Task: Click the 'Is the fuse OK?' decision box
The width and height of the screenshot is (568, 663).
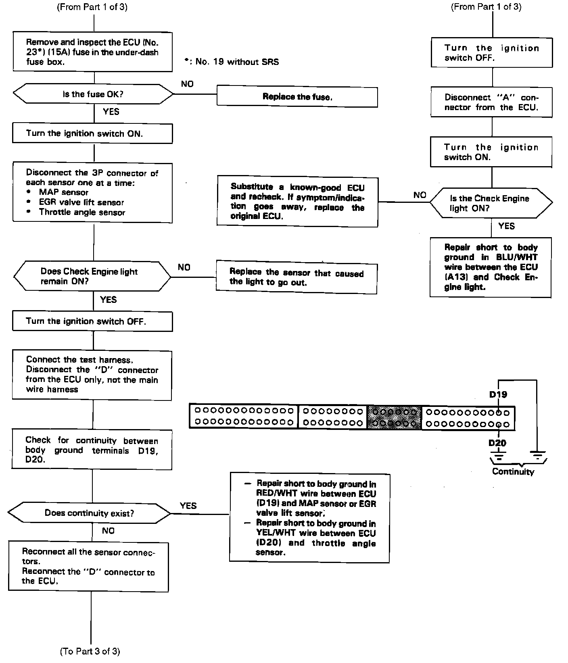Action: pyautogui.click(x=93, y=94)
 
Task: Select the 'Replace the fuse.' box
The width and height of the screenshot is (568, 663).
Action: pyautogui.click(x=297, y=97)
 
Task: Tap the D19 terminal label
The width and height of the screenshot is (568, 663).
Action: pyautogui.click(x=498, y=394)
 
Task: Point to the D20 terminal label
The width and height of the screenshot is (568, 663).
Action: pyautogui.click(x=497, y=443)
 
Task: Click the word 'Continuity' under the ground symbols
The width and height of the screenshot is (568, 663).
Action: pyautogui.click(x=513, y=471)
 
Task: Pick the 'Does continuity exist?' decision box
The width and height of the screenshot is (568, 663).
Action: pyautogui.click(x=90, y=513)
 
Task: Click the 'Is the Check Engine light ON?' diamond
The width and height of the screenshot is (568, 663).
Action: pyautogui.click(x=491, y=203)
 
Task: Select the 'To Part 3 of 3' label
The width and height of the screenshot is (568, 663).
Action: pyautogui.click(x=90, y=651)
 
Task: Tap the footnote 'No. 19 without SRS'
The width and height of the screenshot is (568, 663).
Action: pyautogui.click(x=232, y=62)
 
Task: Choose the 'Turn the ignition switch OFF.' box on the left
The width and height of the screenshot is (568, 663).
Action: pyautogui.click(x=92, y=321)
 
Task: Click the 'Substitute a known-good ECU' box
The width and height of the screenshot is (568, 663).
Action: pyautogui.click(x=297, y=201)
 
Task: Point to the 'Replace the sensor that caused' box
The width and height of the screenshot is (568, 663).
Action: pyautogui.click(x=297, y=277)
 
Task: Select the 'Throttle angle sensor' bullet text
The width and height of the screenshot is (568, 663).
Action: pyautogui.click(x=82, y=213)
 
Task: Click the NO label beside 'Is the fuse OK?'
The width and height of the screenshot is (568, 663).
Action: pyautogui.click(x=187, y=84)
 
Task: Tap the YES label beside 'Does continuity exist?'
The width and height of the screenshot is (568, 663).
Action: pyautogui.click(x=188, y=506)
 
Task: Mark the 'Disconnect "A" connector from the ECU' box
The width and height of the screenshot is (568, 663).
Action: pyautogui.click(x=491, y=102)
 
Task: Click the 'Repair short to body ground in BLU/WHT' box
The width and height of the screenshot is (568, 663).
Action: pyautogui.click(x=491, y=267)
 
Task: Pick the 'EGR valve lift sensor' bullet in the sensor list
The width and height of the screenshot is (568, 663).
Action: pyautogui.click(x=81, y=202)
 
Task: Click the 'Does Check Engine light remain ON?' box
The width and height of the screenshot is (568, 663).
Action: pyautogui.click(x=92, y=276)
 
